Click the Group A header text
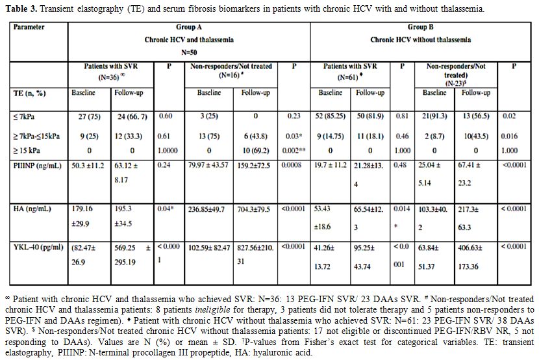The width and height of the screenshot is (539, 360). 189,27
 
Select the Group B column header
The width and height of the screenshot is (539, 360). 420,27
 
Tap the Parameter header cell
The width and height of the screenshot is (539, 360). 29,27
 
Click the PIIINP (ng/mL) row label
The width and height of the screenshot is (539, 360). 38,166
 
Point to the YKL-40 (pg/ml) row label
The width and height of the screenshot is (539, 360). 38,248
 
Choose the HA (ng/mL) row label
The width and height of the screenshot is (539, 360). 32,209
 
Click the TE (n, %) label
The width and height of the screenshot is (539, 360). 30,94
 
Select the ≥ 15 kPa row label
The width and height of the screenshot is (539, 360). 27,151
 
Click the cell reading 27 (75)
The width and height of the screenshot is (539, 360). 90,117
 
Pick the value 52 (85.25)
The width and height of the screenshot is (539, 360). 331,116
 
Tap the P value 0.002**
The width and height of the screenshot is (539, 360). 294,151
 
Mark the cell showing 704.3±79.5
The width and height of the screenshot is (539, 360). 254,209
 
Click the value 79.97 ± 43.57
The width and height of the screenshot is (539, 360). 208,166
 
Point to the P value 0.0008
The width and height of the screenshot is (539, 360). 292,165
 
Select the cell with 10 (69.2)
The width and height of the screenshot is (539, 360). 256,151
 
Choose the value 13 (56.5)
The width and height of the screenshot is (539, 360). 476,116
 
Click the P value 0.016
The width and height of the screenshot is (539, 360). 509,136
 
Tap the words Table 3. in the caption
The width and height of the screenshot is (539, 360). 21,8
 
